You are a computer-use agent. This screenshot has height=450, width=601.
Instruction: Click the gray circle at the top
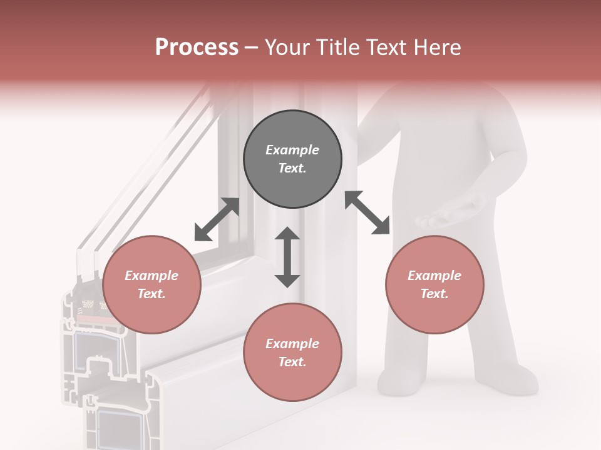pyautogui.click(x=292, y=159)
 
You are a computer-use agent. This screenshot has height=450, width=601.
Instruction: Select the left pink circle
pyautogui.click(x=152, y=285)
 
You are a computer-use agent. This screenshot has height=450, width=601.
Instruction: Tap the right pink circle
pyautogui.click(x=434, y=285)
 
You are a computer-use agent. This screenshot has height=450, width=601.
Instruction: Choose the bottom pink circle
pyautogui.click(x=292, y=352)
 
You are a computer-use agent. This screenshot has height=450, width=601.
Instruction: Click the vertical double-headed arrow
pyautogui.click(x=287, y=257)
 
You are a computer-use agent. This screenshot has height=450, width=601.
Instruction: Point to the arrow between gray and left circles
pyautogui.click(x=217, y=219)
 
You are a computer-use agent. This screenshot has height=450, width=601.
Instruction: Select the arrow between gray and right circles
pyautogui.click(x=367, y=212)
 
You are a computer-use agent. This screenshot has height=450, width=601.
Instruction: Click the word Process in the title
pyautogui.click(x=197, y=47)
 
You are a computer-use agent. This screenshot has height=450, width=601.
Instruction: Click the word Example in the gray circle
pyautogui.click(x=292, y=150)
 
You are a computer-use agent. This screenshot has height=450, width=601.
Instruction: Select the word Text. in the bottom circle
pyautogui.click(x=292, y=362)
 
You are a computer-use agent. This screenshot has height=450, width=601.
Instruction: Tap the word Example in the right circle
pyautogui.click(x=434, y=276)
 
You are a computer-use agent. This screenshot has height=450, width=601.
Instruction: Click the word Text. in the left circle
pyautogui.click(x=152, y=294)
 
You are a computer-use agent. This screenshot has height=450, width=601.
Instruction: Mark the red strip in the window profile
pyautogui.click(x=91, y=319)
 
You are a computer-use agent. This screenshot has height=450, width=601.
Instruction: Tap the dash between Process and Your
pyautogui.click(x=252, y=49)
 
